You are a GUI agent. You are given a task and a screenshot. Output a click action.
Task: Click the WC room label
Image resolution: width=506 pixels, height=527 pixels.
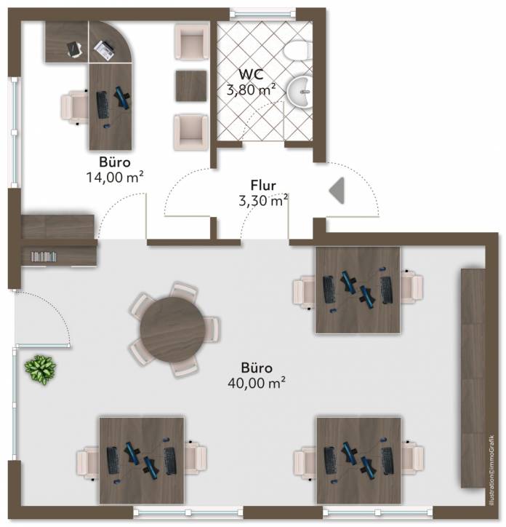click(251, 74)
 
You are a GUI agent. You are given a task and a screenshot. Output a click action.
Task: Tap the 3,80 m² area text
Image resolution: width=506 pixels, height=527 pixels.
click(252, 90)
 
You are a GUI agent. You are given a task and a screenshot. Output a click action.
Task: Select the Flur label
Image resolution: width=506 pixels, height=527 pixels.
click(263, 185)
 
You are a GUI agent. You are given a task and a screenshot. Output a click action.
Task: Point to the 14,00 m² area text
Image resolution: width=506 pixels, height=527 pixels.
click(116, 177)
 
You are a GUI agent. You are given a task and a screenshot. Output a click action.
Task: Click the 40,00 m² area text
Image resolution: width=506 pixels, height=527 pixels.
click(257, 383)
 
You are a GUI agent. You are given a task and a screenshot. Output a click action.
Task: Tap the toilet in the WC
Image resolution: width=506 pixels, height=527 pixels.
click(297, 50)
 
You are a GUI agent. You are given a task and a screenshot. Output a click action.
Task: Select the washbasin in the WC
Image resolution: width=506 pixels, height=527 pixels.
click(300, 92)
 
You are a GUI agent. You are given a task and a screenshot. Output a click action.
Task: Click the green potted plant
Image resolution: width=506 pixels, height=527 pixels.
click(40, 370)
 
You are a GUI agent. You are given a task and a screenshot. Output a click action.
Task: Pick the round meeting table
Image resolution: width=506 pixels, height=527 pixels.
click(172, 330)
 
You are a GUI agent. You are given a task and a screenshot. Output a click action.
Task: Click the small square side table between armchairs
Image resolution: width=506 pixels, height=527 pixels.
click(191, 86)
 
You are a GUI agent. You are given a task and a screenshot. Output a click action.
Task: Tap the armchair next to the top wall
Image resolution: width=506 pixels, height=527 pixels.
click(192, 41)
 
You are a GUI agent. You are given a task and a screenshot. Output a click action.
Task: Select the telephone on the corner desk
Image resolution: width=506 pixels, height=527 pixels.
click(104, 50)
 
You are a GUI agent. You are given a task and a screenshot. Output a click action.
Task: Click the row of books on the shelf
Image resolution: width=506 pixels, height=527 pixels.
click(44, 257)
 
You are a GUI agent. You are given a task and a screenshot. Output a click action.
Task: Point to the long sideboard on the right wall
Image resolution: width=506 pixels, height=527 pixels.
click(473, 378)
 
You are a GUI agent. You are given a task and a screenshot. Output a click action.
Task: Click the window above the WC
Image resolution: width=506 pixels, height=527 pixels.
click(263, 14)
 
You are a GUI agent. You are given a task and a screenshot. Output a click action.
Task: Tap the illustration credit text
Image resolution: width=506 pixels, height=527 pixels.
click(492, 470)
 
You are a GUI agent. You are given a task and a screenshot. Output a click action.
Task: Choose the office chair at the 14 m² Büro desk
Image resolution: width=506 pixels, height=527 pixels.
click(74, 107)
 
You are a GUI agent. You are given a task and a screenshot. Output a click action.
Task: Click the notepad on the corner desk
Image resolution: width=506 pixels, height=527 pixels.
click(75, 49)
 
